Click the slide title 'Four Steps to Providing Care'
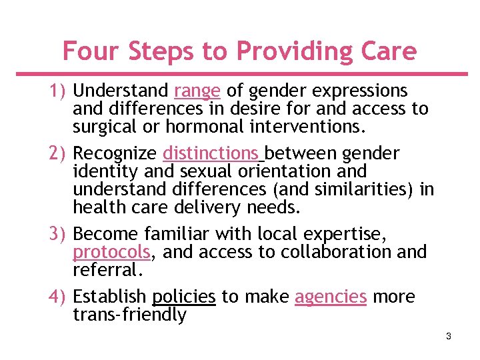[239, 51]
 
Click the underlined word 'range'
[197, 91]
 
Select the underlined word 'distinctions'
[211, 154]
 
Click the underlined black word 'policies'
[184, 297]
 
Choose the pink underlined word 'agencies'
[331, 297]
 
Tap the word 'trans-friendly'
[130, 314]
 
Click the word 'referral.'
[108, 269]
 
